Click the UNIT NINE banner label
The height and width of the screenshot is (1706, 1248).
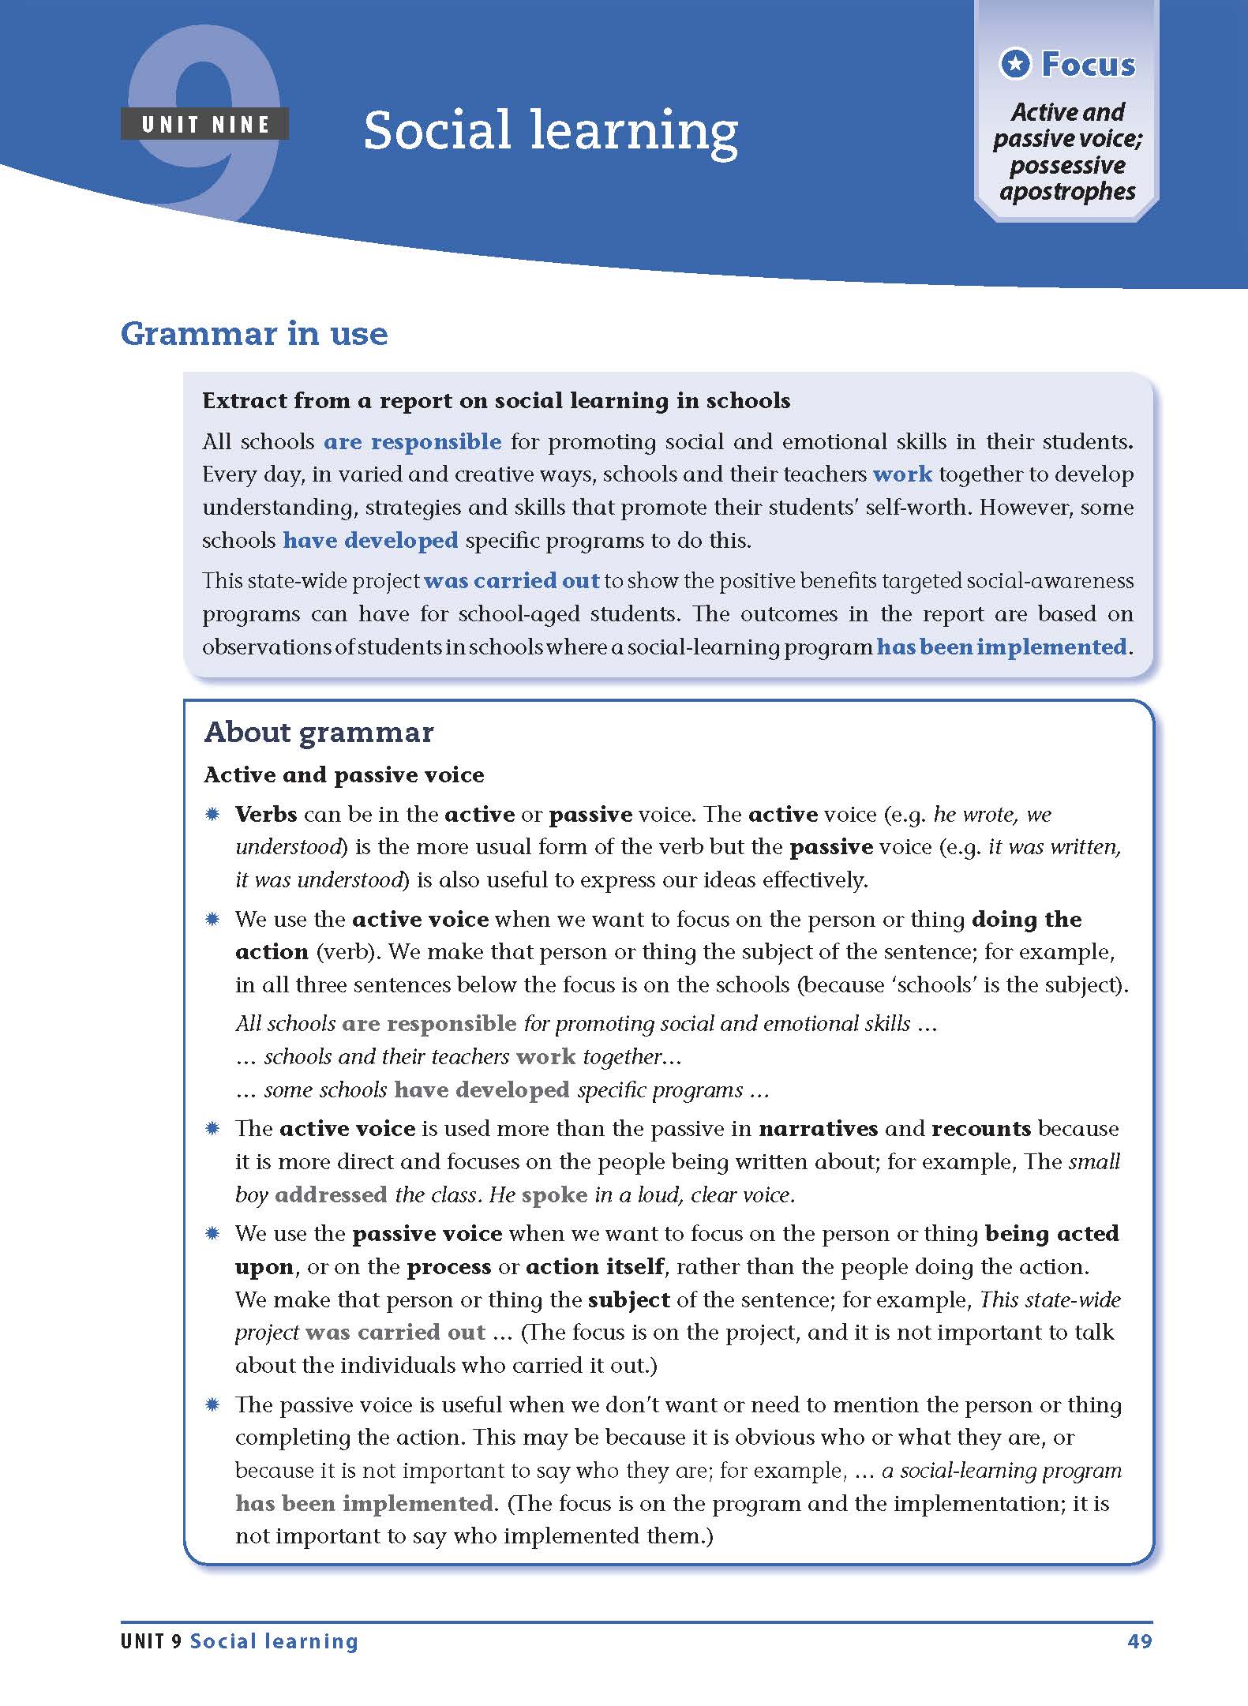(x=205, y=125)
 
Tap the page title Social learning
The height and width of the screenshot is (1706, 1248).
(x=550, y=130)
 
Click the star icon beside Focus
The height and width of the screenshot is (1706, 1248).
(x=1015, y=64)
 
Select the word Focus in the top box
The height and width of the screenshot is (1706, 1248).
(x=1088, y=64)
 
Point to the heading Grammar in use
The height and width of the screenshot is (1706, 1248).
(x=254, y=334)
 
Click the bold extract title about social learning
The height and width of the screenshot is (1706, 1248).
(x=496, y=401)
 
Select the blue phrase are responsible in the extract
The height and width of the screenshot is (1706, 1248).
(x=412, y=441)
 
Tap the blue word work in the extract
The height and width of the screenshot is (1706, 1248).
(x=902, y=474)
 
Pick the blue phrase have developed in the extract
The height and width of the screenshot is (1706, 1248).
(x=370, y=541)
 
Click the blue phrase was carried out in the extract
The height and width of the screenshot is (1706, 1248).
(x=512, y=581)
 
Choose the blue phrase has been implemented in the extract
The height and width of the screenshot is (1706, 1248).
(x=1002, y=647)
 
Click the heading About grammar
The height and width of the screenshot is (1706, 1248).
(x=319, y=733)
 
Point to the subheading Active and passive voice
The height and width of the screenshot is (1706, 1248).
(x=344, y=775)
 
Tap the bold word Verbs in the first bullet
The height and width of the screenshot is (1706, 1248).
(x=266, y=815)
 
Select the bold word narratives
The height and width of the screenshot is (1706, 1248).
(x=818, y=1129)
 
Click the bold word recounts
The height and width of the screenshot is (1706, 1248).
(x=981, y=1129)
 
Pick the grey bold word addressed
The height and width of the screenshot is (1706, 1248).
(x=331, y=1195)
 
